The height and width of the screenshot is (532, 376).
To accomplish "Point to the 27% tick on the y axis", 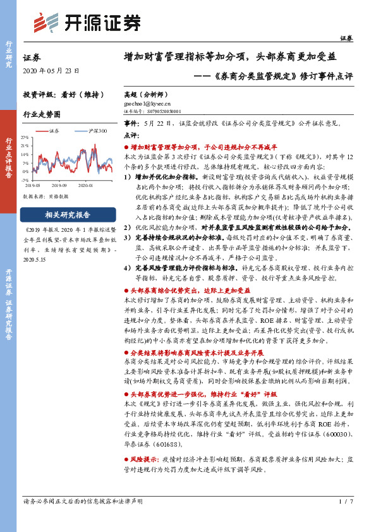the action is click(25, 136).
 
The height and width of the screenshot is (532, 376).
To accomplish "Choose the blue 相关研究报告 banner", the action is click(68, 214).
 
